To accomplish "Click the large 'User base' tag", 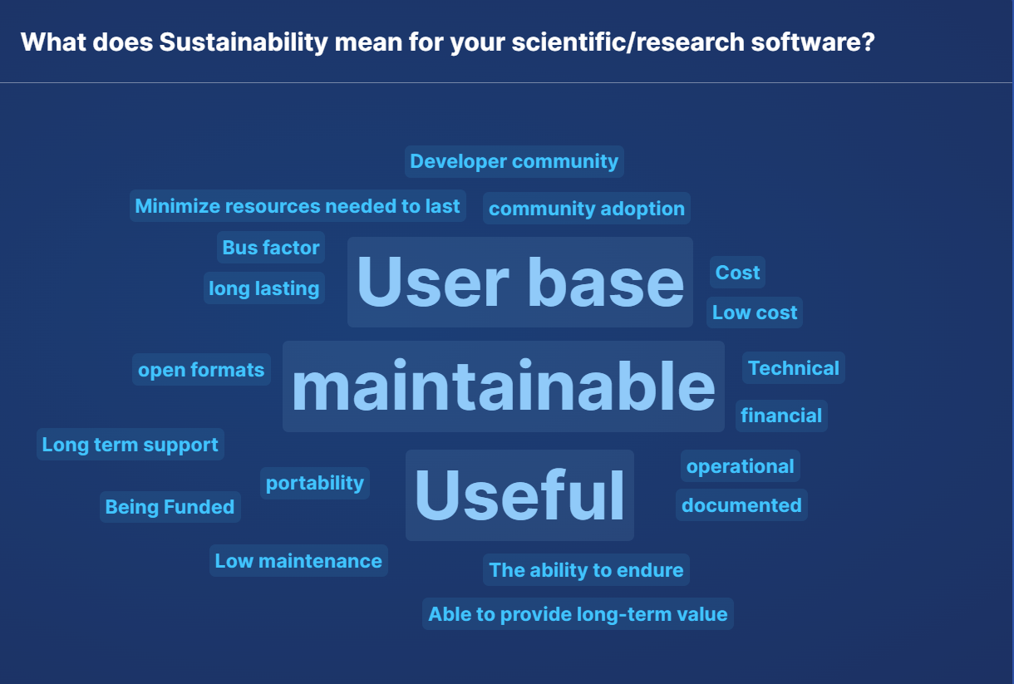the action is [519, 282].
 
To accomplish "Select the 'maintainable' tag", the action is [504, 386].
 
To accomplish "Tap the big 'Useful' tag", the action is [519, 495].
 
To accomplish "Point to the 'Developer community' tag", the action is [514, 161].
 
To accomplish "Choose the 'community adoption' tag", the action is [587, 209].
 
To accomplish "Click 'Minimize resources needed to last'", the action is [298, 206].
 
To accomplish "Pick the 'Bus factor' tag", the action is [271, 248].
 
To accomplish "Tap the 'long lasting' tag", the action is [264, 288].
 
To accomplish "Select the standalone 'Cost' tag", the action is [737, 272].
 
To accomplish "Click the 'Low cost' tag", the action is [755, 312].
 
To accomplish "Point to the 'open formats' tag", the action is [201, 370].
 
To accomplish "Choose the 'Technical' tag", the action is [794, 368].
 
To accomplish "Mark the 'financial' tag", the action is [781, 416].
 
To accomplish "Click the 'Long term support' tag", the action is [130, 445].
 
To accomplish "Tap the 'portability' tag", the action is [315, 483].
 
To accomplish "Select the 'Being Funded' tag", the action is [170, 507].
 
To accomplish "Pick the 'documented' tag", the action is [741, 505].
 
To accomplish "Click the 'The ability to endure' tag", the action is [586, 570].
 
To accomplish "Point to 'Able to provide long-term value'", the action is [578, 614].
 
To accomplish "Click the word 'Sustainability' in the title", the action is [243, 42].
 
